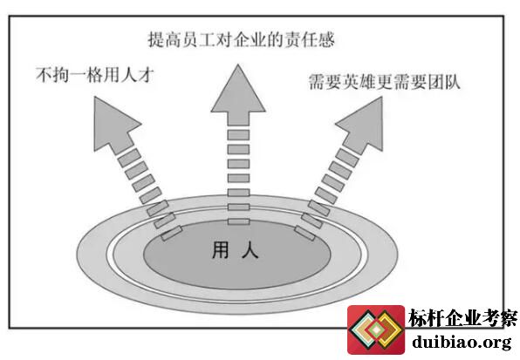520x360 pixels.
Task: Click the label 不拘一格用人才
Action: [95, 75]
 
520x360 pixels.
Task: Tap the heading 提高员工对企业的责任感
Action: [241, 39]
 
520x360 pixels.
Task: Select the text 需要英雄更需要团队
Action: [385, 81]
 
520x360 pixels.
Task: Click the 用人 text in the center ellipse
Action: [235, 250]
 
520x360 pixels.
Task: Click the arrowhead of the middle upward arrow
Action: [238, 94]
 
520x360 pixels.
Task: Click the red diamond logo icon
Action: [376, 329]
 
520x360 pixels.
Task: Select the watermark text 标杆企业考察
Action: [462, 318]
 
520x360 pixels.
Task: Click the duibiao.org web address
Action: [462, 342]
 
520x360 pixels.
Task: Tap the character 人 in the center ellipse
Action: [250, 250]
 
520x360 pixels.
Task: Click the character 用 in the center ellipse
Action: [220, 250]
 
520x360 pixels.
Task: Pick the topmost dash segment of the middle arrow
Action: [238, 135]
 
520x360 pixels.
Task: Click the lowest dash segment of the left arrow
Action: [172, 233]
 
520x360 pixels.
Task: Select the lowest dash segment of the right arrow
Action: [304, 233]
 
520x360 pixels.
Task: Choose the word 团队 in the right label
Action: [444, 81]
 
